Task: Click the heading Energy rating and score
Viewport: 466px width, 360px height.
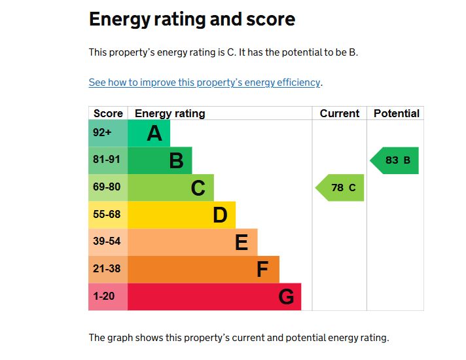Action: pyautogui.click(x=192, y=20)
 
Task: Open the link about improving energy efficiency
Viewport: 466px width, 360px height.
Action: pyautogui.click(x=205, y=82)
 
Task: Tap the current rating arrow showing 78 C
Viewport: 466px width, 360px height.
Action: pyautogui.click(x=340, y=188)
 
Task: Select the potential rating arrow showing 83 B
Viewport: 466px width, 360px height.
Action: pyautogui.click(x=395, y=160)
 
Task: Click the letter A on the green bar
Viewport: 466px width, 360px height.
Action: pyautogui.click(x=154, y=134)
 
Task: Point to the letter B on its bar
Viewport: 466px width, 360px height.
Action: pyautogui.click(x=176, y=160)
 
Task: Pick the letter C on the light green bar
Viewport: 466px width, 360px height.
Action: pyautogui.click(x=198, y=188)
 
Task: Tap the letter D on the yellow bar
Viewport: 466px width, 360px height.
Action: pyautogui.click(x=220, y=215)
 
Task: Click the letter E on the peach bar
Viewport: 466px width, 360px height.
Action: pyautogui.click(x=242, y=243)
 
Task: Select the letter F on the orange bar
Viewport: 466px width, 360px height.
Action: pyautogui.click(x=262, y=270)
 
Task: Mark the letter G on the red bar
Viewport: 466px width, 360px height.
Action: pyautogui.click(x=286, y=297)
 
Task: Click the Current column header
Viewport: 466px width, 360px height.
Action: pyautogui.click(x=340, y=113)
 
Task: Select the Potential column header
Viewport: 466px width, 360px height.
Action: pyautogui.click(x=396, y=113)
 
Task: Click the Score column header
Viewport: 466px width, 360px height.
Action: pyautogui.click(x=108, y=113)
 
